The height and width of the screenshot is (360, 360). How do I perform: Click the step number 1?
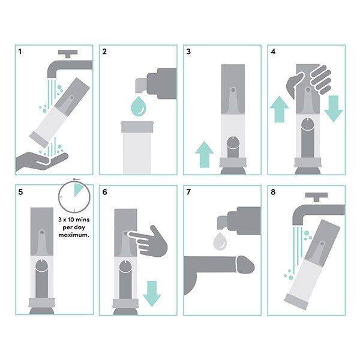[x=20, y=52]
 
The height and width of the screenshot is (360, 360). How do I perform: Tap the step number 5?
[x=20, y=193]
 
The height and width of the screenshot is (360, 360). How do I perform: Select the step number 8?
[x=273, y=193]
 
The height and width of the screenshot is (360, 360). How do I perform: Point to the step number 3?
[x=188, y=52]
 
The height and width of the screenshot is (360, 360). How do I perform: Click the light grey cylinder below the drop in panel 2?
[x=139, y=148]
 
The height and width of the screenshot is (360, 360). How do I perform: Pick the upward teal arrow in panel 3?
[x=205, y=155]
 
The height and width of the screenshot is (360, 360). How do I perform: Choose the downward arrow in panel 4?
[x=333, y=108]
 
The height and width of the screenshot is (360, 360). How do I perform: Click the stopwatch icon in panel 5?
[x=73, y=198]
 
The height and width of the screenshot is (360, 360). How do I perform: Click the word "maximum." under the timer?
[x=73, y=235]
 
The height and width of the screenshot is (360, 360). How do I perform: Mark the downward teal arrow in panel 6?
[x=152, y=293]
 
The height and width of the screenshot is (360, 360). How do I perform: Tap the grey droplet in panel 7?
[x=220, y=241]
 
